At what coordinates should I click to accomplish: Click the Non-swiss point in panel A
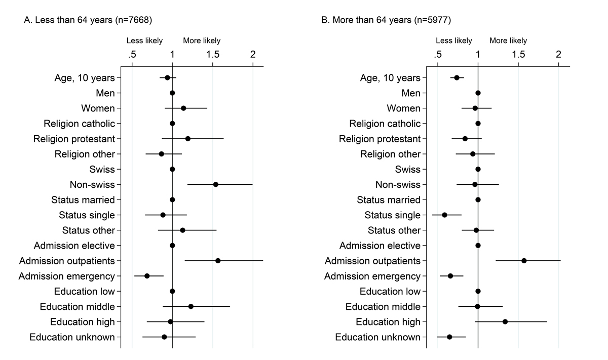(216, 184)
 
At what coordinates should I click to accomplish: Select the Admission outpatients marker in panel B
(524, 261)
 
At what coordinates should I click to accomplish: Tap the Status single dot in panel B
(445, 215)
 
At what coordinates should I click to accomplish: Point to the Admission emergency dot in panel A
(147, 276)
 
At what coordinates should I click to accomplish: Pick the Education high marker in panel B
(505, 322)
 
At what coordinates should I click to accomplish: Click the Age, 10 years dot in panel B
(457, 77)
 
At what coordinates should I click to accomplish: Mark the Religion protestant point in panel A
(188, 139)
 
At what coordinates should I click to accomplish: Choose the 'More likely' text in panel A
(202, 41)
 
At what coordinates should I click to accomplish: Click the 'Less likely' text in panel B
(454, 41)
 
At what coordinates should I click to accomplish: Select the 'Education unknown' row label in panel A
(72, 337)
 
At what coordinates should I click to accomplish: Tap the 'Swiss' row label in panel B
(408, 169)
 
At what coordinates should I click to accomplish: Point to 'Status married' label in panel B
(389, 199)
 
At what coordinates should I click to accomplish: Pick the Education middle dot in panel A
(191, 306)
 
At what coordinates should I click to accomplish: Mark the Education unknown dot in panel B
(449, 337)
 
